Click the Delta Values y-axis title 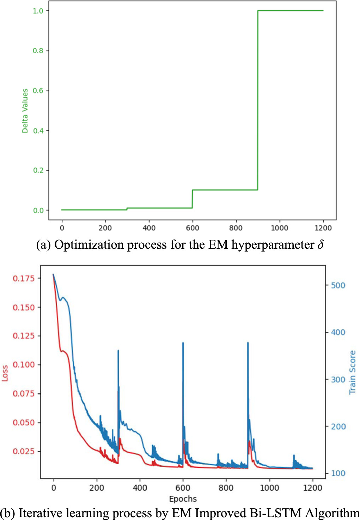25,111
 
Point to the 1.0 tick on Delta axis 38,11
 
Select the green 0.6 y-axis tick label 38,91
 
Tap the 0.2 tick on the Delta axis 38,170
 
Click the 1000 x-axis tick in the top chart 279,228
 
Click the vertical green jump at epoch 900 258,101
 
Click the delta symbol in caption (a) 320,244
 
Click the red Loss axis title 5,373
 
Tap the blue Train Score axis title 353,372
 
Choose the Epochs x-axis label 183,499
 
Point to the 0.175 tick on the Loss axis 24,278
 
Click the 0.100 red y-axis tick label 24,364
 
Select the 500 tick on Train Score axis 338,285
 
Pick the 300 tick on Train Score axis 338,380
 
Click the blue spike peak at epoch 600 183,343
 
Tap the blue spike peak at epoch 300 118,351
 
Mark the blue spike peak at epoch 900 248,343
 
